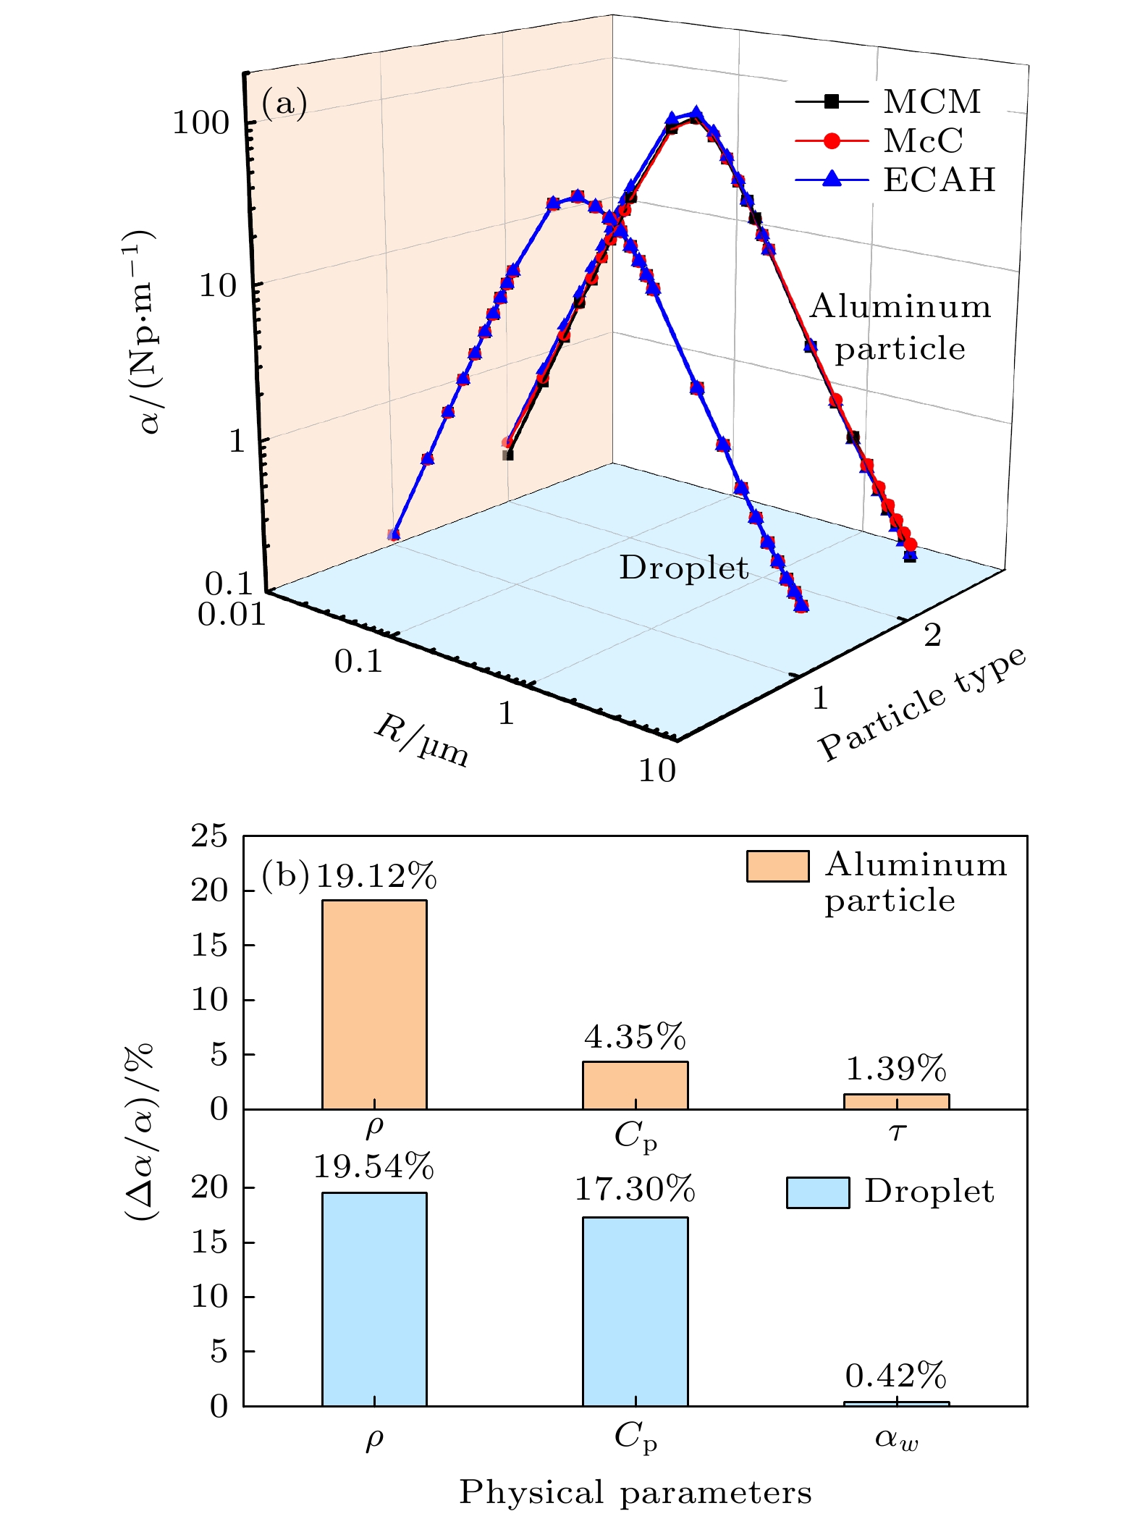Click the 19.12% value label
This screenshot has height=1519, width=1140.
(376, 877)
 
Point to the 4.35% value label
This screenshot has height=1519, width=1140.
(635, 1038)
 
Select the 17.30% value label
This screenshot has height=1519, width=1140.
(635, 1190)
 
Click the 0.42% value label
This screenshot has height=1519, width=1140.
(896, 1376)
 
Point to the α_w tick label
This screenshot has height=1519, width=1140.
(896, 1437)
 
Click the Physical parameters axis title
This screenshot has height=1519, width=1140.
(635, 1493)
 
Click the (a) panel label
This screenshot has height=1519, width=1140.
(284, 103)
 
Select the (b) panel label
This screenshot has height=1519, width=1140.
(285, 876)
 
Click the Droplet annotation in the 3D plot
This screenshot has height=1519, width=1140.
(683, 568)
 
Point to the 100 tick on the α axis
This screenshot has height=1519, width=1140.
(200, 123)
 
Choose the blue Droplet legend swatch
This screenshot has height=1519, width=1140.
(818, 1192)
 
